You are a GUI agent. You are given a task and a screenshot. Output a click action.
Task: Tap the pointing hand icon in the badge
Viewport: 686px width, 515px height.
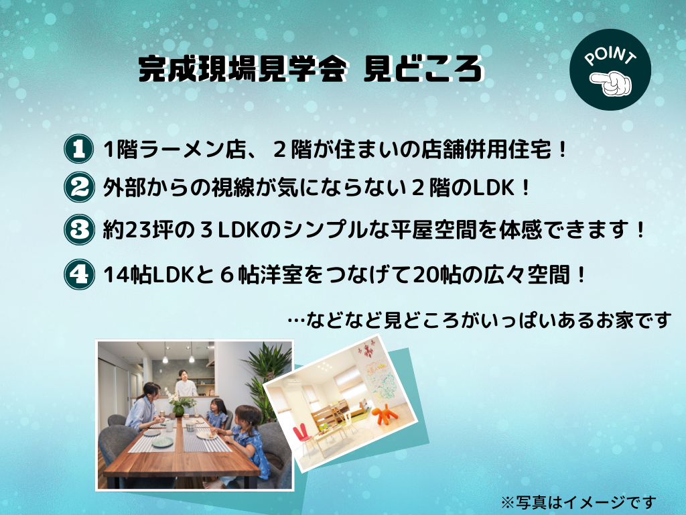pos(611,83)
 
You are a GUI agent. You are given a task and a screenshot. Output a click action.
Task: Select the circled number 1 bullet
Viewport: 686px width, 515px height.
pos(79,149)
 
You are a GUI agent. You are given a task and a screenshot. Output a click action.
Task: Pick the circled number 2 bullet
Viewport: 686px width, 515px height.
pos(79,187)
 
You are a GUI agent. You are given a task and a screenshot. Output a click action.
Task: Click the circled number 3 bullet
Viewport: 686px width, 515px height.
pos(79,229)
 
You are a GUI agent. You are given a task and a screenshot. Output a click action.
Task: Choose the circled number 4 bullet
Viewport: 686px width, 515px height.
pos(79,274)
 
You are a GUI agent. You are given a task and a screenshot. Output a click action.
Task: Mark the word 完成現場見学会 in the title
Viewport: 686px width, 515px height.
pos(243,69)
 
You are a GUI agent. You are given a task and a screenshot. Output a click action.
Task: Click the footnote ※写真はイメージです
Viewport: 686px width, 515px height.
pos(578,502)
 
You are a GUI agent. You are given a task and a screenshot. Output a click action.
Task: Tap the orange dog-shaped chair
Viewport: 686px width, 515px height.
pos(385,414)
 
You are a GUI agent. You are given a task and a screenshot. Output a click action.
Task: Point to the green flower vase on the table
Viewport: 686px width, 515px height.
pos(178,410)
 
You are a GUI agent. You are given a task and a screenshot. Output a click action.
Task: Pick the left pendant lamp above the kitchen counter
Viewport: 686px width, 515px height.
pos(165,358)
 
